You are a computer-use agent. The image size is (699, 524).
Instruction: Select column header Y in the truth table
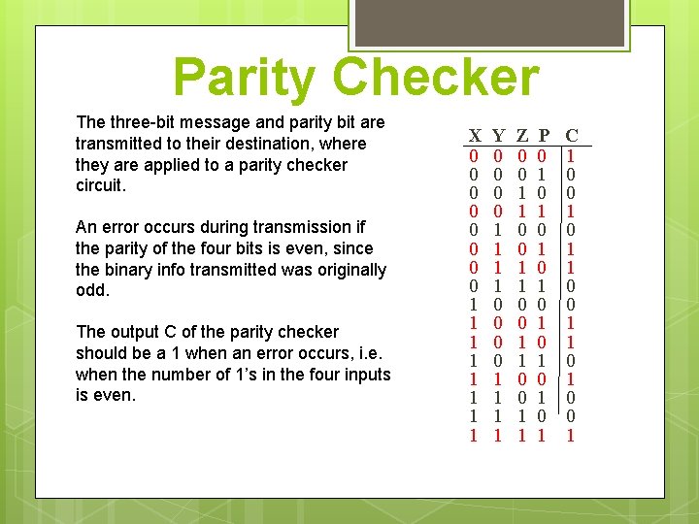[x=498, y=135]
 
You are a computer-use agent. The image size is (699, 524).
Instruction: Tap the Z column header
[x=522, y=135]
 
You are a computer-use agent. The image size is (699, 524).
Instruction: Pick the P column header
[x=544, y=135]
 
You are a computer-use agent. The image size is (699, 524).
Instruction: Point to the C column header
[x=572, y=135]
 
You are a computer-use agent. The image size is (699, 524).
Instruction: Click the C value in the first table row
[x=572, y=155]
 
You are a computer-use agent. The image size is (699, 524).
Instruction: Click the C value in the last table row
[x=572, y=435]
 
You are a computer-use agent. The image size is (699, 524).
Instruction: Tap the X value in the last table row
[x=474, y=435]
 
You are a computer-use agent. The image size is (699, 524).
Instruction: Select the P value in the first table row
[x=544, y=155]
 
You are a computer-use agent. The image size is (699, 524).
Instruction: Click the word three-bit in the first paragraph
[x=142, y=122]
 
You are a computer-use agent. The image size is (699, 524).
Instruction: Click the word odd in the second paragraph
[x=89, y=291]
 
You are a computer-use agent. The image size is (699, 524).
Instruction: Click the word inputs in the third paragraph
[x=368, y=375]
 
